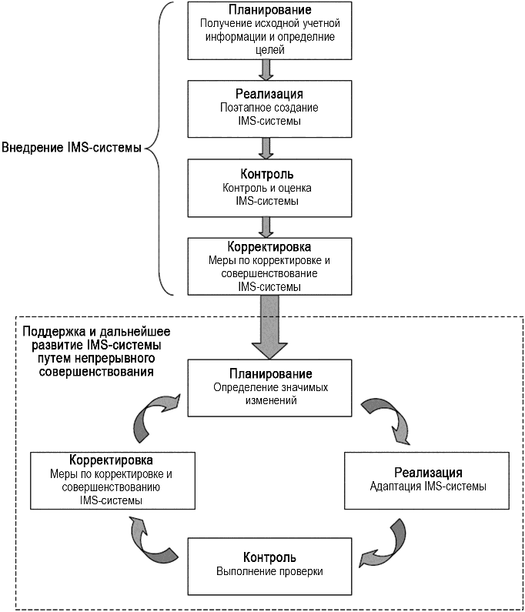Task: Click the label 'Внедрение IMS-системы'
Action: (x=71, y=147)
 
